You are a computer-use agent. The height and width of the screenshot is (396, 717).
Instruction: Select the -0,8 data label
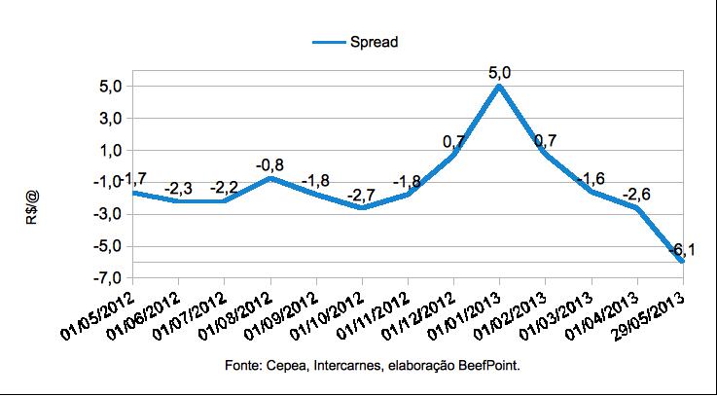(x=269, y=164)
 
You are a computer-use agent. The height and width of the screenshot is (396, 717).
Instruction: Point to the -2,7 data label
(x=362, y=196)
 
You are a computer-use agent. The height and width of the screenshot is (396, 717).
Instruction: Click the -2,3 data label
(x=178, y=188)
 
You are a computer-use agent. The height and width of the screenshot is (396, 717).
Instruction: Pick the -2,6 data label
(x=637, y=195)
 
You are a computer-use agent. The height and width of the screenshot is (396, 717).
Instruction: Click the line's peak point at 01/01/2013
(x=499, y=87)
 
